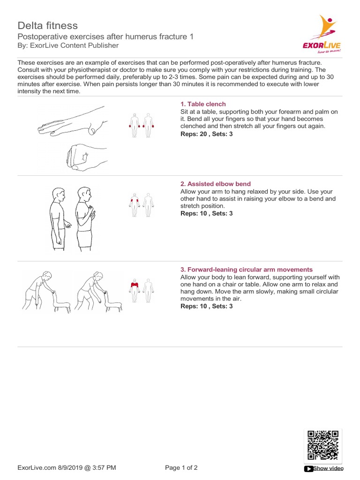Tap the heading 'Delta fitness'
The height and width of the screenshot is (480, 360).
(x=47, y=25)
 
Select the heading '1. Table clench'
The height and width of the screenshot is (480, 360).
(x=203, y=104)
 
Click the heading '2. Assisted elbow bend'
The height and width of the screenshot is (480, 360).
(x=216, y=184)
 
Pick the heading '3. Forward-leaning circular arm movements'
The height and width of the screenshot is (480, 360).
(x=247, y=270)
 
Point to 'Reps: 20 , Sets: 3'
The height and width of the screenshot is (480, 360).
(x=206, y=134)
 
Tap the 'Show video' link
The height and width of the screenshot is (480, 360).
(x=328, y=468)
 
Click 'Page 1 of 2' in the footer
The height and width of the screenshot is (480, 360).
(x=181, y=467)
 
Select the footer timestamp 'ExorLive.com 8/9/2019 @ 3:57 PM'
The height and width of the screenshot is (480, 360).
(x=67, y=467)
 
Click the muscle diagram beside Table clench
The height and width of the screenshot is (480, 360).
(x=142, y=125)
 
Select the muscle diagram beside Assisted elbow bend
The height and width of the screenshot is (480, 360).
(x=142, y=204)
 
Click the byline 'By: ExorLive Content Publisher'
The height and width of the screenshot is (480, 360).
(x=68, y=45)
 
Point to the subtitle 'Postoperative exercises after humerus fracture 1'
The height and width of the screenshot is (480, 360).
(x=105, y=37)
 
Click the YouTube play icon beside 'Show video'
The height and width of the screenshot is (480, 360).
(x=308, y=468)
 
